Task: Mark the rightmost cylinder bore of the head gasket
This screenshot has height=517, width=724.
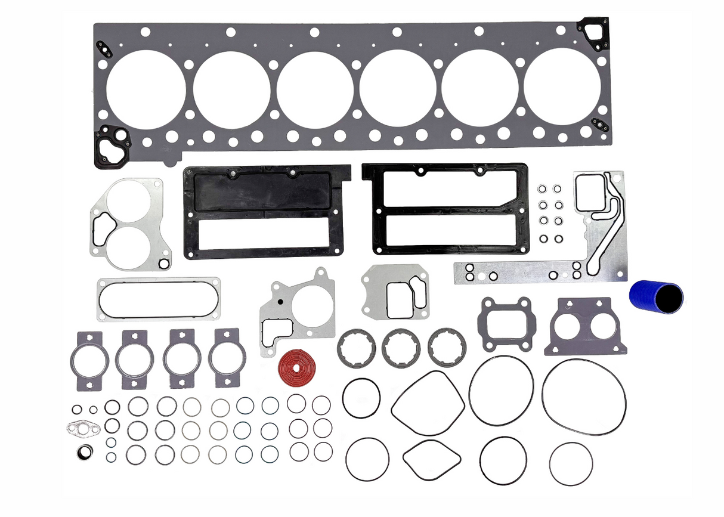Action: pos(562,87)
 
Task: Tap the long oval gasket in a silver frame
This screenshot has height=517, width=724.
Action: pos(158,298)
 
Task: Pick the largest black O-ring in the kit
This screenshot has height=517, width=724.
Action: pos(583,396)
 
